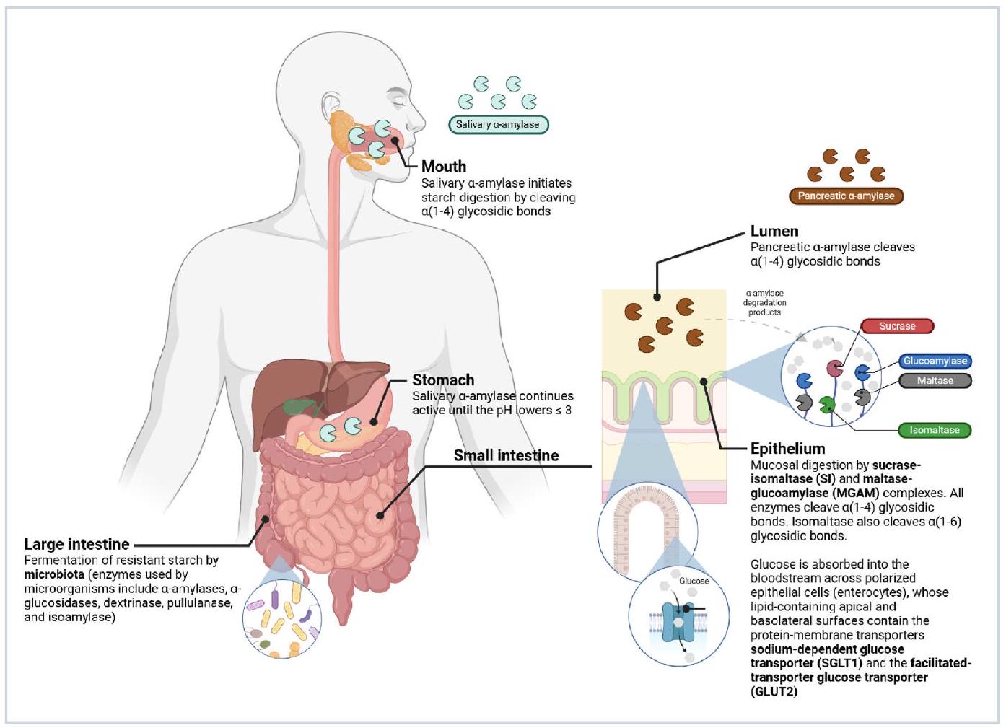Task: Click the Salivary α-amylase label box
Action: coord(498,125)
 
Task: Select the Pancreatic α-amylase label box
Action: coord(846,196)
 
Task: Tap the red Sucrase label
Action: coord(896,326)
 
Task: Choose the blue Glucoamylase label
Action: coord(935,361)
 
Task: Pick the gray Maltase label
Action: coord(935,380)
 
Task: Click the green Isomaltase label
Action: coord(934,430)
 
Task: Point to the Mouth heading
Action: coord(444,167)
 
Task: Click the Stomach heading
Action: coord(443,380)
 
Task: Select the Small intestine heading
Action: coord(506,455)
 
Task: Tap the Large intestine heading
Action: coord(76,544)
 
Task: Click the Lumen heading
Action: coord(774,232)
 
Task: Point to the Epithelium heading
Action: coord(787,449)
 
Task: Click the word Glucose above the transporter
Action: coord(694,581)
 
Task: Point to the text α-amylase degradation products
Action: coord(764,303)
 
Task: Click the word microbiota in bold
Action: coord(54,575)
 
